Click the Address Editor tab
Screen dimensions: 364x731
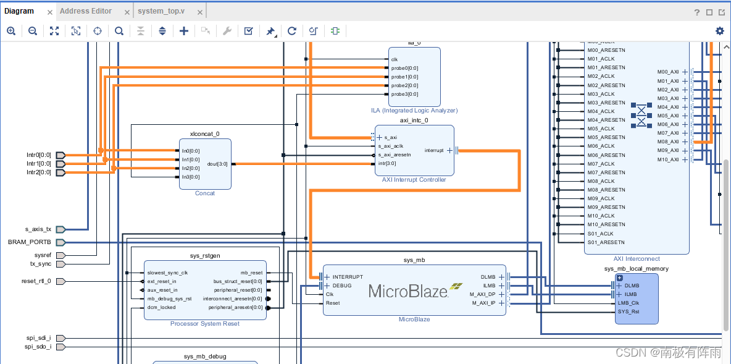(86, 11)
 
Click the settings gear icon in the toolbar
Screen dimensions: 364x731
(719, 31)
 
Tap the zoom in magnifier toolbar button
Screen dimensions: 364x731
(11, 31)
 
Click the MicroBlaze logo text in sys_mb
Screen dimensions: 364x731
(408, 290)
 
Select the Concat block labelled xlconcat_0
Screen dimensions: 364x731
(205, 164)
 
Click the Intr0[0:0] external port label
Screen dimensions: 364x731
(38, 155)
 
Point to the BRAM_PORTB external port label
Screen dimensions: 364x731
(30, 242)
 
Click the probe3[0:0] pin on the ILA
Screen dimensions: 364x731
(404, 95)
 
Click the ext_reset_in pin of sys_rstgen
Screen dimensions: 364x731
(162, 281)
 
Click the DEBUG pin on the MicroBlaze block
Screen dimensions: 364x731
(342, 286)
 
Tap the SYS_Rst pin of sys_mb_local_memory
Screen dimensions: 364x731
(629, 311)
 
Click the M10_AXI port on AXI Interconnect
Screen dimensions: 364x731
(668, 159)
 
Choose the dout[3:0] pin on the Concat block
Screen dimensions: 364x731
(217, 164)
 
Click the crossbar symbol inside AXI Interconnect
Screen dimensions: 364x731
(642, 115)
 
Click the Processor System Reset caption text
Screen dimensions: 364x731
(205, 324)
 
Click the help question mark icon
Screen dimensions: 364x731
(697, 12)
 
